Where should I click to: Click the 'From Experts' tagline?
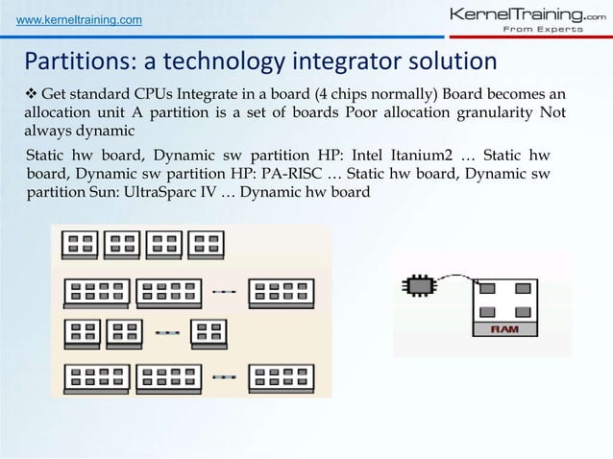click(x=538, y=30)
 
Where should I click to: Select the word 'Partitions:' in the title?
click(x=78, y=62)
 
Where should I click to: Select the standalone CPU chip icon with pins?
click(x=418, y=284)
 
